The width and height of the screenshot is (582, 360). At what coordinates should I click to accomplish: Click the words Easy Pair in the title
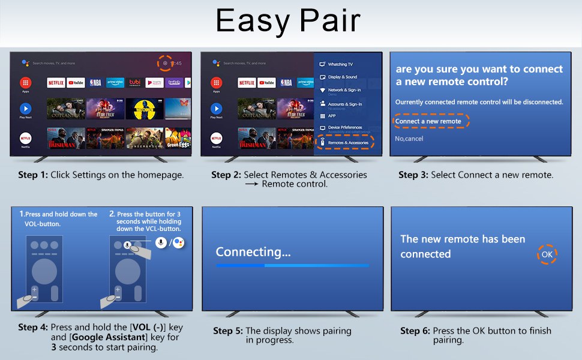pyautogui.click(x=288, y=21)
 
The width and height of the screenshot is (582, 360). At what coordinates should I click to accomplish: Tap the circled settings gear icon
pyautogui.click(x=165, y=63)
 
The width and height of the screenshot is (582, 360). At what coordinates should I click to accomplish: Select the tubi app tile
pyautogui.click(x=135, y=82)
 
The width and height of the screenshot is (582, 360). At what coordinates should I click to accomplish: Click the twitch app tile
pyautogui.click(x=174, y=82)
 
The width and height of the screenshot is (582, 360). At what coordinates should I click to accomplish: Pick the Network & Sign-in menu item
pyautogui.click(x=344, y=90)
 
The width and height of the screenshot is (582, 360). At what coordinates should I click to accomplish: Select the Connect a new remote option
pyautogui.click(x=428, y=121)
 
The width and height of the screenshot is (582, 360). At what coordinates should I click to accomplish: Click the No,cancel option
pyautogui.click(x=409, y=139)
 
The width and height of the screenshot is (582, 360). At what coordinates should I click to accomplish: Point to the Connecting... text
pyautogui.click(x=253, y=252)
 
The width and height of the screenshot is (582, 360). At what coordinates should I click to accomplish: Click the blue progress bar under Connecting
pyautogui.click(x=292, y=265)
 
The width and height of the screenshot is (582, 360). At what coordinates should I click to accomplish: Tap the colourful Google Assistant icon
pyautogui.click(x=178, y=242)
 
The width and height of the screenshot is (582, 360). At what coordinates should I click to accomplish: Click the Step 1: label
pyautogui.click(x=32, y=175)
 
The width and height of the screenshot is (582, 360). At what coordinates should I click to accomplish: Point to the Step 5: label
pyautogui.click(x=228, y=331)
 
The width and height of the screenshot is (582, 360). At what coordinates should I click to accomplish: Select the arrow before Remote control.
pyautogui.click(x=251, y=184)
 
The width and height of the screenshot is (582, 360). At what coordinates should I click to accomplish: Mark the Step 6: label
pyautogui.click(x=415, y=331)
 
